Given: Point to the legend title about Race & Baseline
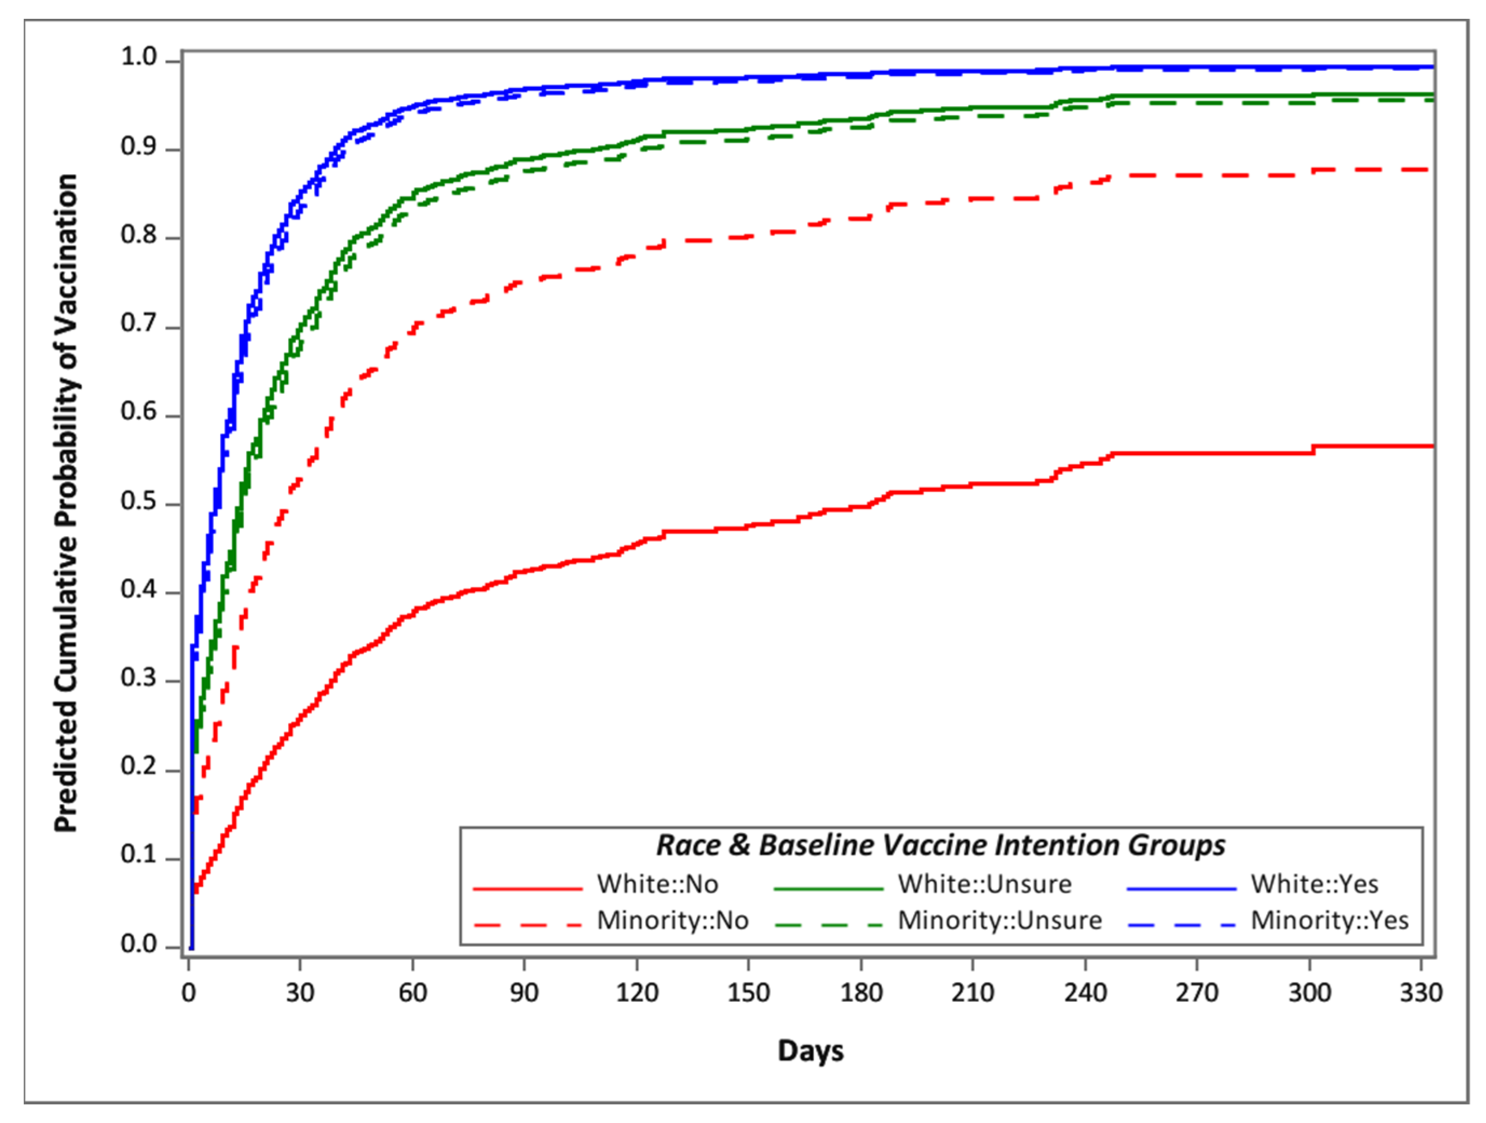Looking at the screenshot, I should coord(940,845).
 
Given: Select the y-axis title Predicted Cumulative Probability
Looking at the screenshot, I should coord(66,503).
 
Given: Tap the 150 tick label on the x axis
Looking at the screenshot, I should coord(748,992).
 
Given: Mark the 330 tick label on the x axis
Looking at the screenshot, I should coord(1421,992).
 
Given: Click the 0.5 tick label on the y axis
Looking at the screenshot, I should coord(139,502).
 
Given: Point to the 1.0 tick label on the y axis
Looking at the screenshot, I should coord(139,58).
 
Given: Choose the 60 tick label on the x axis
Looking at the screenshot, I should coord(412,992).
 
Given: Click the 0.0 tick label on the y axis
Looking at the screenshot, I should coord(139,944).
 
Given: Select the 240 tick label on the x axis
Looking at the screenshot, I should coord(1085,992).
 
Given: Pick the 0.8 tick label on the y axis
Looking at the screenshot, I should coord(139,236).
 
